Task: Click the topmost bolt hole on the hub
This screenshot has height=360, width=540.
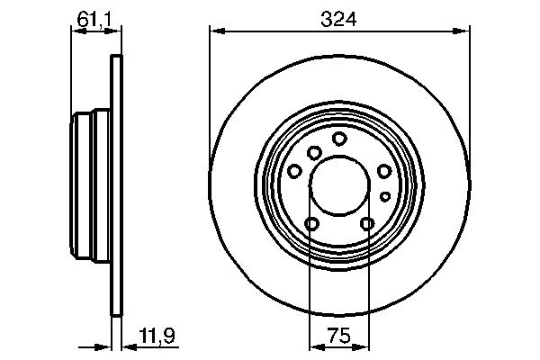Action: [339, 139]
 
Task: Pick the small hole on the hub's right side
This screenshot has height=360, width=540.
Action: [385, 195]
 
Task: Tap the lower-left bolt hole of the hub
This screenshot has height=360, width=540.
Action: [312, 224]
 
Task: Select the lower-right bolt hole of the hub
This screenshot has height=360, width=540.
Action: [367, 224]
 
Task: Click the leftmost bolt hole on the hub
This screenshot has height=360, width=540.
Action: [295, 171]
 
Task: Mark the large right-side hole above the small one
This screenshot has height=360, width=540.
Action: [384, 171]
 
